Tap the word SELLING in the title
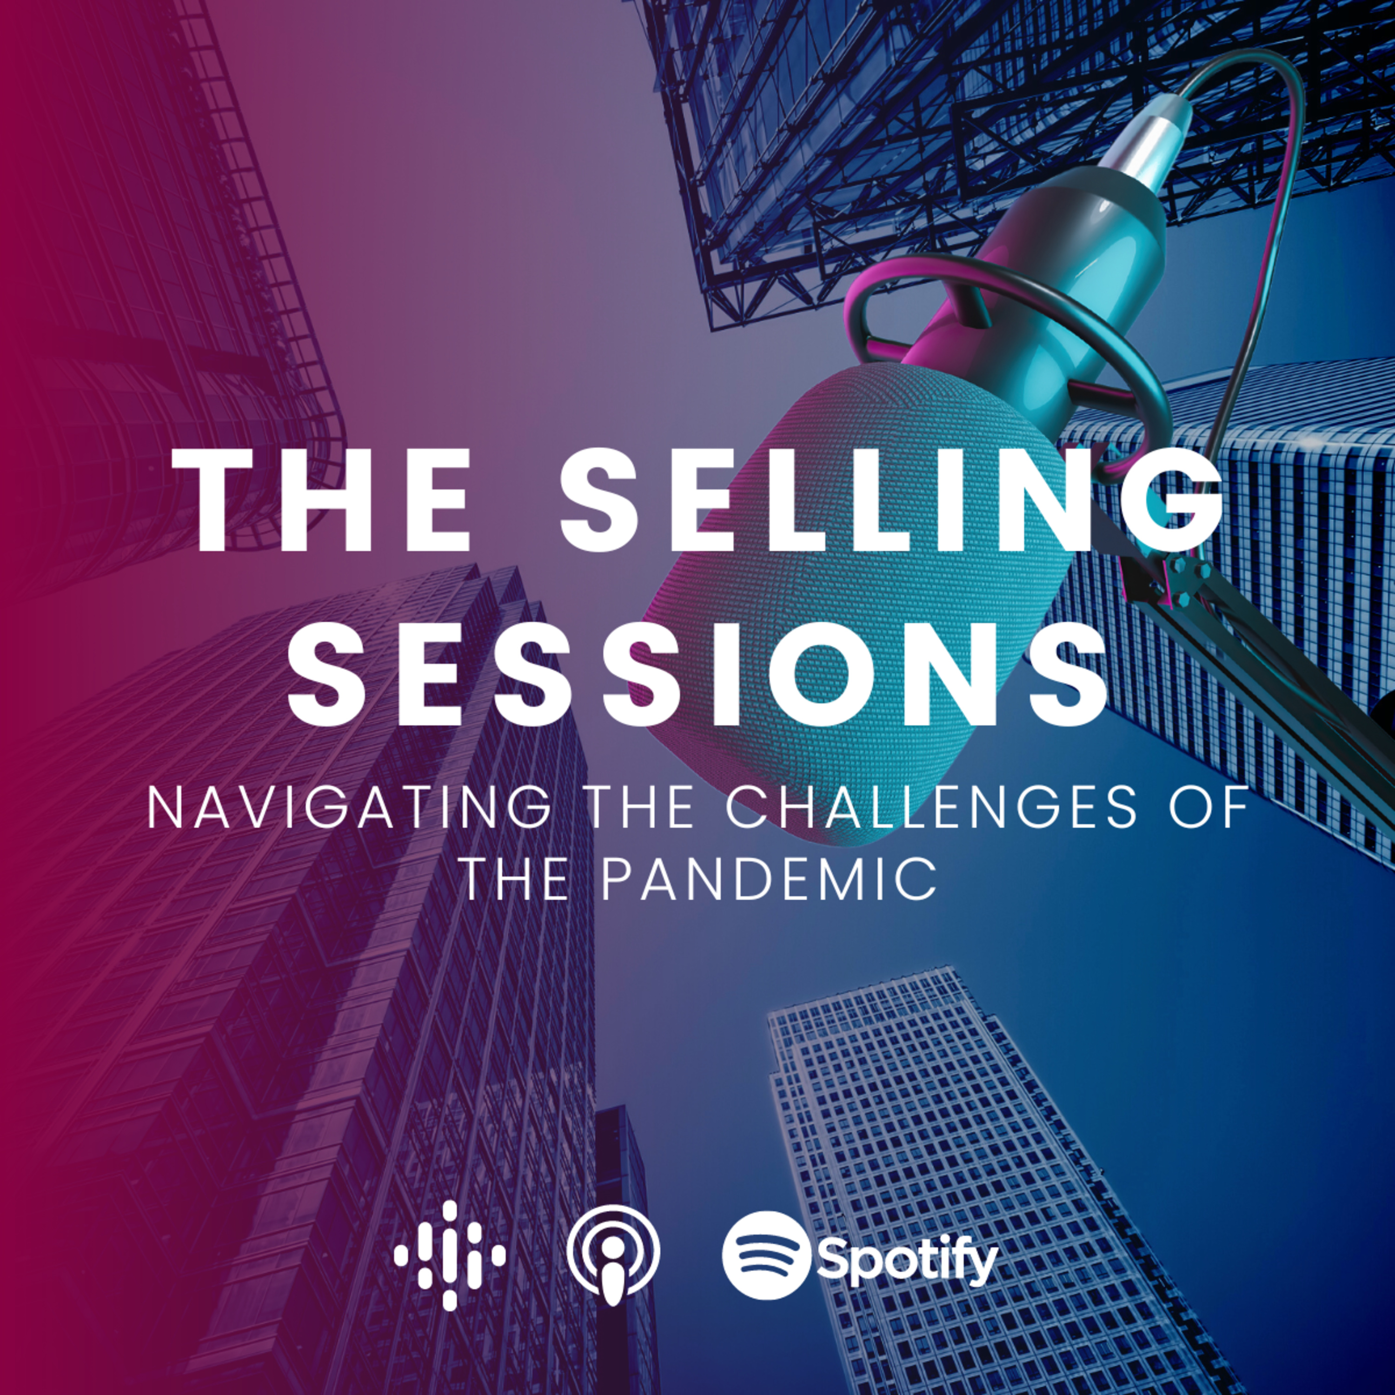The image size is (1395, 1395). coord(893,500)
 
